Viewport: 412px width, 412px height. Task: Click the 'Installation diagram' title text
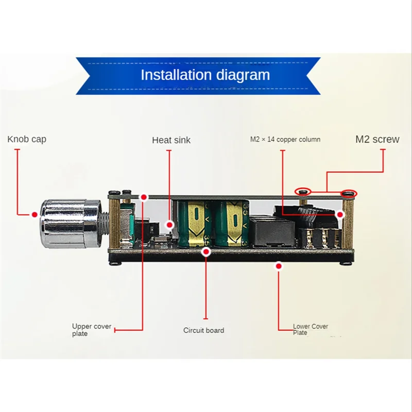[205, 75]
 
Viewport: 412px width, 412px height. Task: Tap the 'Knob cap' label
[26, 139]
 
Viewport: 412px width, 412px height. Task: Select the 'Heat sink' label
[171, 140]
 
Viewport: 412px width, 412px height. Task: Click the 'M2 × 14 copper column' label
[285, 139]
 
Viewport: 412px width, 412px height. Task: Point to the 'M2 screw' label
[377, 139]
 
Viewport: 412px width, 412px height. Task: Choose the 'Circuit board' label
[204, 330]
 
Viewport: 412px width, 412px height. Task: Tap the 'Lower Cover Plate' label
[310, 330]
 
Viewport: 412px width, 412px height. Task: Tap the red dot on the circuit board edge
[206, 252]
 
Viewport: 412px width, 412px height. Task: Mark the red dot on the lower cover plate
[279, 266]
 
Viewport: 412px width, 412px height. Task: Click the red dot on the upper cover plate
[144, 197]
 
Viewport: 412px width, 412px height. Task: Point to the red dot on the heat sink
[169, 225]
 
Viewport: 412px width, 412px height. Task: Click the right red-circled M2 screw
[349, 194]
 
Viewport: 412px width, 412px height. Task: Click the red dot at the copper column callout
[340, 214]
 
